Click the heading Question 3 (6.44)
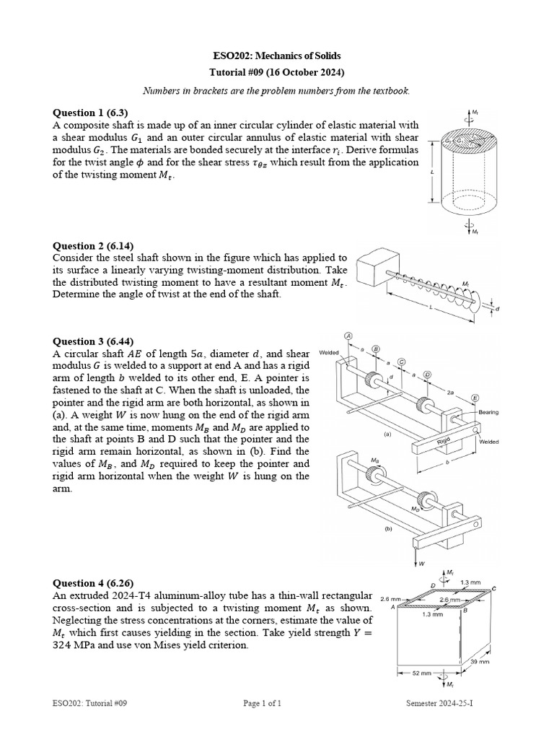[x=93, y=341]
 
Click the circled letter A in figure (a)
[x=348, y=336]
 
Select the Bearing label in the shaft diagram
[x=490, y=412]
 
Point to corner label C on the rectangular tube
[x=494, y=589]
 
